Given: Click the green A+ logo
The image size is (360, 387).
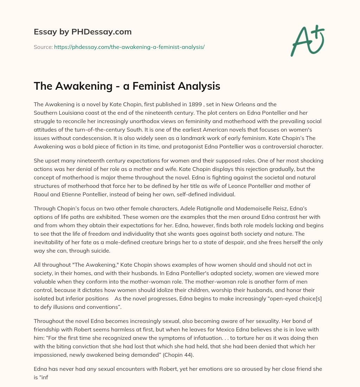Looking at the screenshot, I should pos(308,41).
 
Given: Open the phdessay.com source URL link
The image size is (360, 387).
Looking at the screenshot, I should pos(129,47).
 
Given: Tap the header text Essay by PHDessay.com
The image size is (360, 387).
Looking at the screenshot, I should pos(83,32).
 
